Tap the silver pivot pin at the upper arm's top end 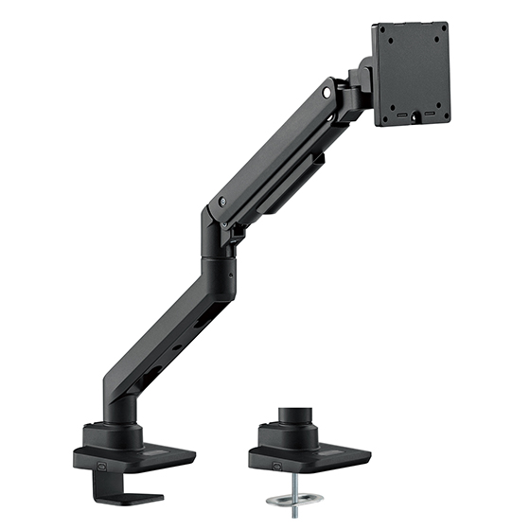(327, 94)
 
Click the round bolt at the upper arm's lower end (221, 201)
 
